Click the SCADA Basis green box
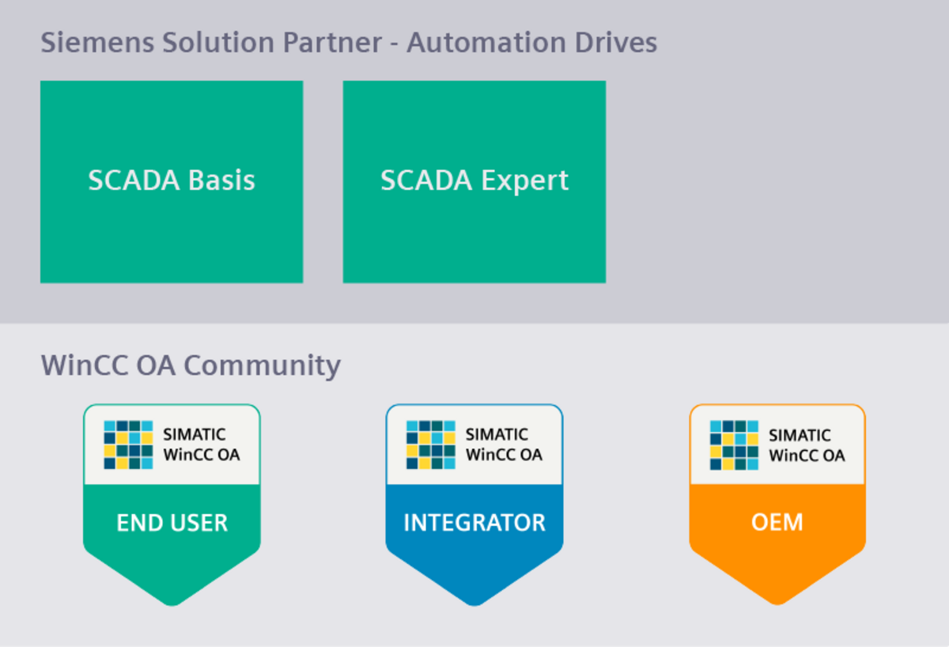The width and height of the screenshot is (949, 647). (172, 181)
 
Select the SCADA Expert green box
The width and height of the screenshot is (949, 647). (475, 181)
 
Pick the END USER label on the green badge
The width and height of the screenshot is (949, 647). (172, 523)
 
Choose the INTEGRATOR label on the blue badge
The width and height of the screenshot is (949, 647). (475, 523)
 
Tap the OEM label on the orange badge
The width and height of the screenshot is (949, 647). (777, 523)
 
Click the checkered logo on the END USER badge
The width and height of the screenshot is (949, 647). (127, 445)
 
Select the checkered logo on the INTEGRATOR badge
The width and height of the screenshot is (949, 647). (430, 445)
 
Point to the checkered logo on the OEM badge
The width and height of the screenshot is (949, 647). (734, 445)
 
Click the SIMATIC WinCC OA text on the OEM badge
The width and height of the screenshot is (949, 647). (807, 445)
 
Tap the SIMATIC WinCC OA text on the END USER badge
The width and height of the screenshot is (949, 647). (201, 445)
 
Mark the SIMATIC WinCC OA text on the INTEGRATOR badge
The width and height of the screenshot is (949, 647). (504, 445)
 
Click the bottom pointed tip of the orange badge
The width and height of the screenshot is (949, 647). (777, 601)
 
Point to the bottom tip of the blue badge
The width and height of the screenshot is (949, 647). (475, 601)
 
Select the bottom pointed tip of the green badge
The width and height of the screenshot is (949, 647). (172, 601)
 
